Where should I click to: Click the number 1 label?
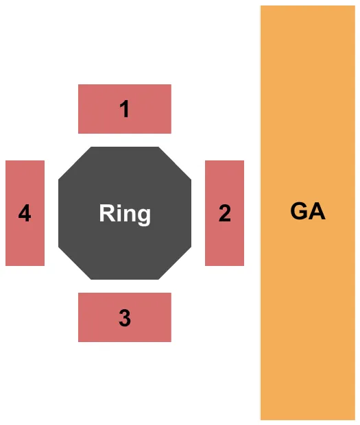tap(124, 109)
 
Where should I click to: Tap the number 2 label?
tap(224, 214)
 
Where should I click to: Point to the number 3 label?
tap(124, 318)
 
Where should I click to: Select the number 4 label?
tap(25, 214)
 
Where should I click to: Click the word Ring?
tap(125, 213)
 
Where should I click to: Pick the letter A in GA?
tap(316, 211)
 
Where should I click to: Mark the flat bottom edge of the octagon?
tap(125, 278)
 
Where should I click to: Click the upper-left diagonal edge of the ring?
tap(75, 164)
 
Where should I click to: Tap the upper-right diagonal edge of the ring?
tap(175, 164)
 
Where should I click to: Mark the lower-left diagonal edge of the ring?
tap(75, 263)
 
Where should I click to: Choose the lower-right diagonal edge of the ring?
tap(175, 263)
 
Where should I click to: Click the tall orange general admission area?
tap(307, 308)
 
